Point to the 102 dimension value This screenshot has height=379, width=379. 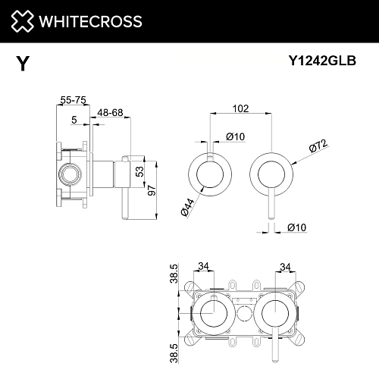(240, 108)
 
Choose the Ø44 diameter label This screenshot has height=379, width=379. (186, 204)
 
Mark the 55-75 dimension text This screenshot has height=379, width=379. (73, 99)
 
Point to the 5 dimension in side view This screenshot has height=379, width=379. (74, 120)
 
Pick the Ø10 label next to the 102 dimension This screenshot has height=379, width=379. (233, 136)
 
